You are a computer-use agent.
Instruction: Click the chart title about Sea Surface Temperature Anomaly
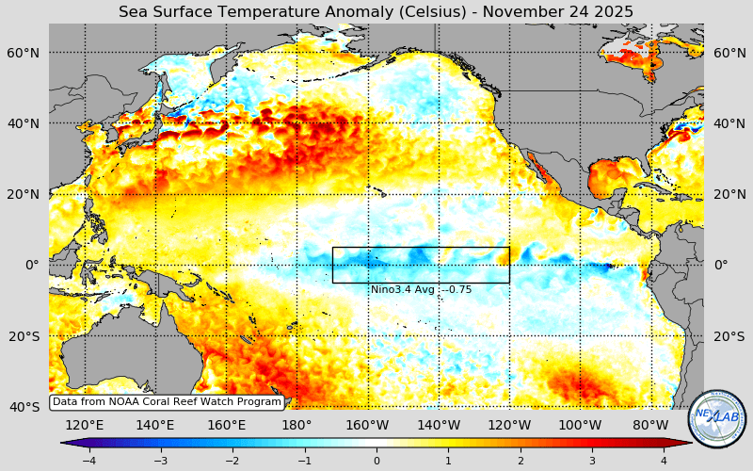point(376,11)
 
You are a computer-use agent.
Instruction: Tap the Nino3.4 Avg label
point(421,290)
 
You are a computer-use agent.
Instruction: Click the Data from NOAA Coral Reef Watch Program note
point(167,402)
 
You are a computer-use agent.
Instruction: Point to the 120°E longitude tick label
point(85,425)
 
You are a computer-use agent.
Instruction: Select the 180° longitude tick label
point(296,425)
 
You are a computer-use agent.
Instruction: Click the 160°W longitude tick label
point(368,425)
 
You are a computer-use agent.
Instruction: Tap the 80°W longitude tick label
point(650,425)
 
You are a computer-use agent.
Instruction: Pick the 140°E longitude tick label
point(155,425)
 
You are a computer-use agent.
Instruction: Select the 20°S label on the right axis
point(729,336)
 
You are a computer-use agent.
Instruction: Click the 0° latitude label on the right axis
point(721,265)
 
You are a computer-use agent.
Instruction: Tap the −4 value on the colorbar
point(88,461)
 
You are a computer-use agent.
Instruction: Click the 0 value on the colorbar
point(376,461)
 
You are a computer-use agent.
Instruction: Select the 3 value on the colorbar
point(593,461)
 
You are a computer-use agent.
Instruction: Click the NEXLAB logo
point(717,419)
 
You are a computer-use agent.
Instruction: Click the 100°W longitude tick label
point(580,425)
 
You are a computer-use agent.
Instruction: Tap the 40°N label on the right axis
point(729,123)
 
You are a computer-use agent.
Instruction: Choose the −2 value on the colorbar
point(232,461)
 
